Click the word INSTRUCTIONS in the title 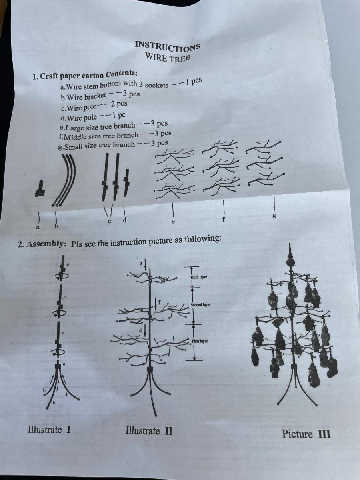[x=167, y=46]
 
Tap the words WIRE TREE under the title [x=168, y=58]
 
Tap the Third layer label [x=198, y=277]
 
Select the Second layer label [x=200, y=305]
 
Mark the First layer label [x=200, y=341]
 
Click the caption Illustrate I [x=49, y=430]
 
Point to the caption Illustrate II [x=149, y=431]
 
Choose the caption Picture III [x=306, y=434]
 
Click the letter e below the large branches [x=173, y=222]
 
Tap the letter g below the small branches [x=274, y=216]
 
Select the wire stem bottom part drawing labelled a [x=40, y=189]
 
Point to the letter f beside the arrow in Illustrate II [x=159, y=302]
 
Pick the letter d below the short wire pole [x=124, y=220]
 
